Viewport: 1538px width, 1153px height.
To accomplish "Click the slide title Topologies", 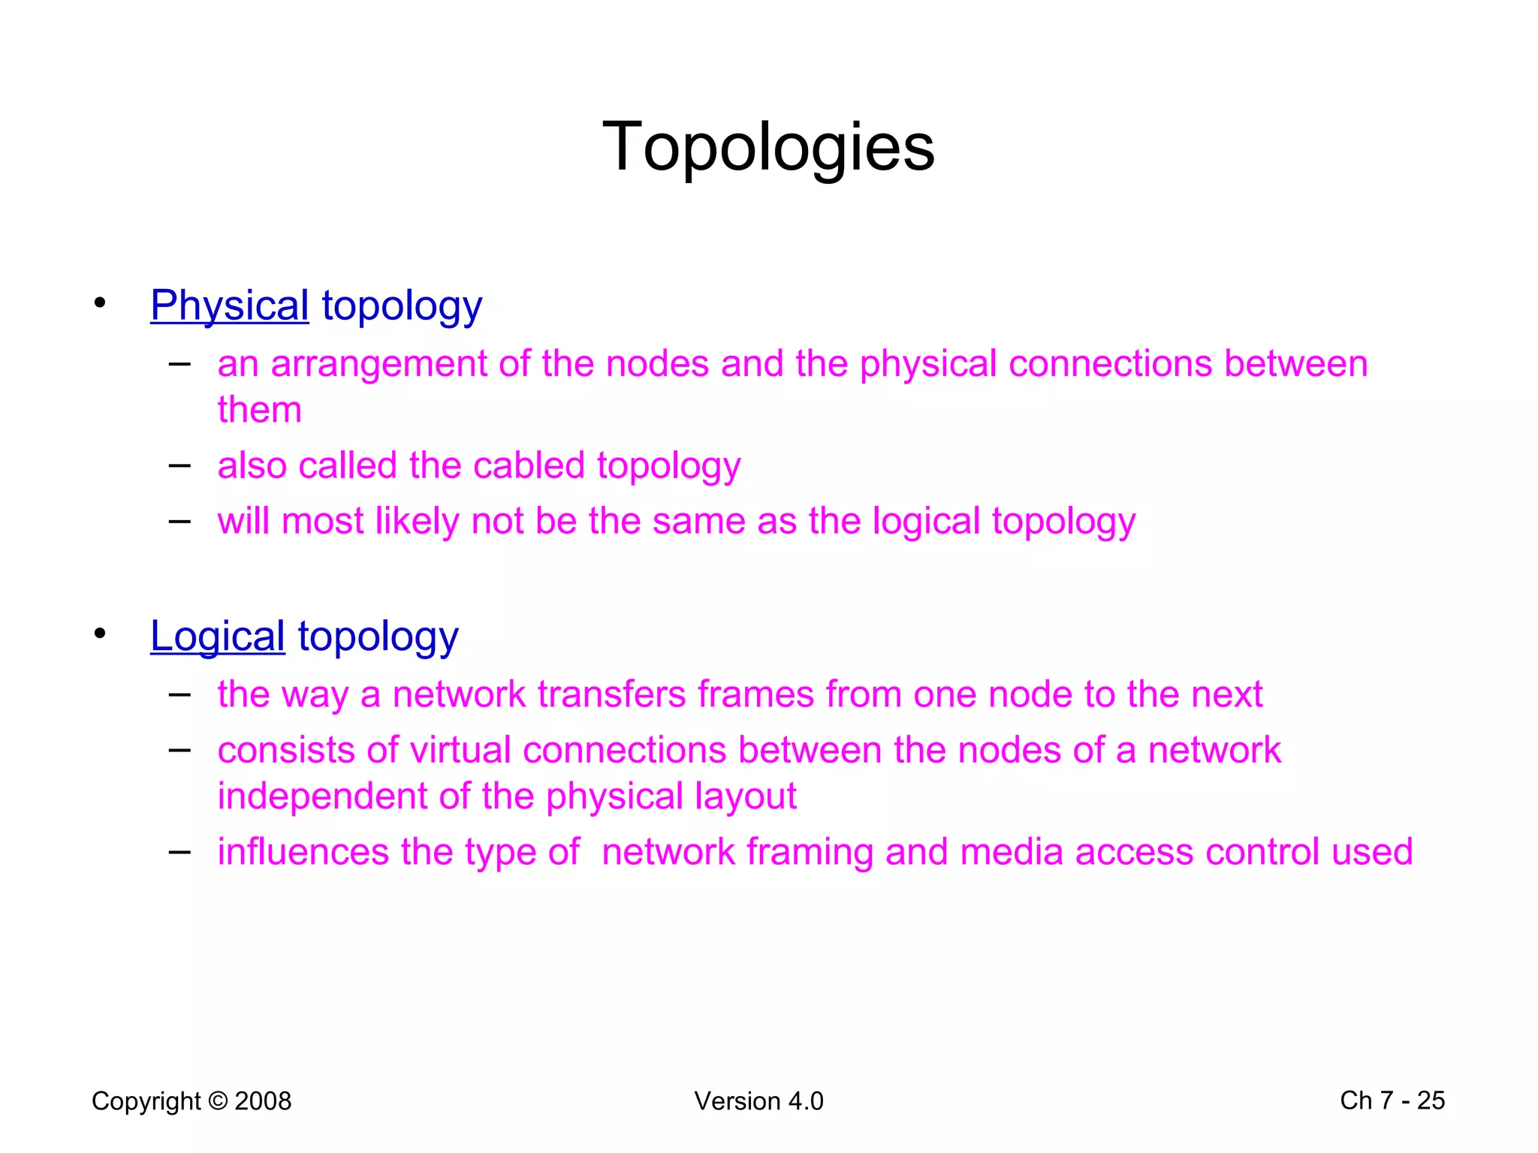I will (768, 147).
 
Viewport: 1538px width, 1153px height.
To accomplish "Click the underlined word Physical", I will (229, 306).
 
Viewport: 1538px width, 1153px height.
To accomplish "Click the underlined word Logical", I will (217, 637).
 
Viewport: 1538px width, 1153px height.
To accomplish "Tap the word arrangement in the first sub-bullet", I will (378, 365).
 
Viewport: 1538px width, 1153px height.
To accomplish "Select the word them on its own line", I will (259, 410).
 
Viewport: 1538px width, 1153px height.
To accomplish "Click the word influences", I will (303, 852).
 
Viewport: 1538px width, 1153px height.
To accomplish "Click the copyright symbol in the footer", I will (218, 1101).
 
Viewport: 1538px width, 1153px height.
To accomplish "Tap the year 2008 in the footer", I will (263, 1101).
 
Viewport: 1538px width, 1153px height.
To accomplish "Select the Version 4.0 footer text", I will (758, 1101).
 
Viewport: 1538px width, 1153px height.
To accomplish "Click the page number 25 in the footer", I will (1431, 1100).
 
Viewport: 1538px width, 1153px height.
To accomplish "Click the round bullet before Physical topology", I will (100, 303).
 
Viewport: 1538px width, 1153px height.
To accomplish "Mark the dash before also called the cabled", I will (179, 465).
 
